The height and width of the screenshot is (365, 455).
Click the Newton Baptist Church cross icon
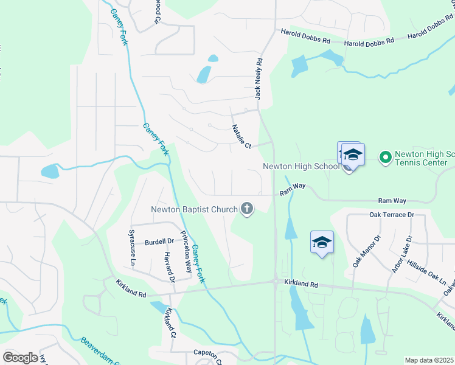247,209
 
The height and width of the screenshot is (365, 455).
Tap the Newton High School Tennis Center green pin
385,158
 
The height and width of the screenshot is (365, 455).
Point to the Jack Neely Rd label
259,79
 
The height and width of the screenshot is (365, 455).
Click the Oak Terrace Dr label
391,215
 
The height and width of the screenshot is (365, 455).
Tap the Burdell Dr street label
159,242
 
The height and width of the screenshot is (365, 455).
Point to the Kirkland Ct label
170,323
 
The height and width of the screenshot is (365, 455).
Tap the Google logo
20,358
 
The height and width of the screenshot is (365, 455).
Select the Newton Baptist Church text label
194,210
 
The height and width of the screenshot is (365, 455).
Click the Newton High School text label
300,166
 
